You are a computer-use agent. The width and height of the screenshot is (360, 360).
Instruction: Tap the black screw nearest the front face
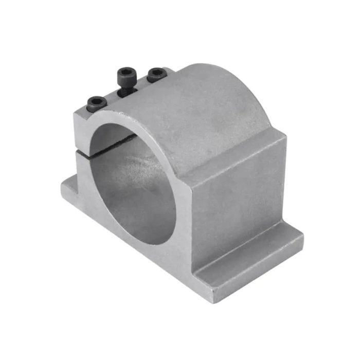(97, 104)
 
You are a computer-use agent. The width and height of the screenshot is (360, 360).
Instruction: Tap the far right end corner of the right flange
(302, 238)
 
